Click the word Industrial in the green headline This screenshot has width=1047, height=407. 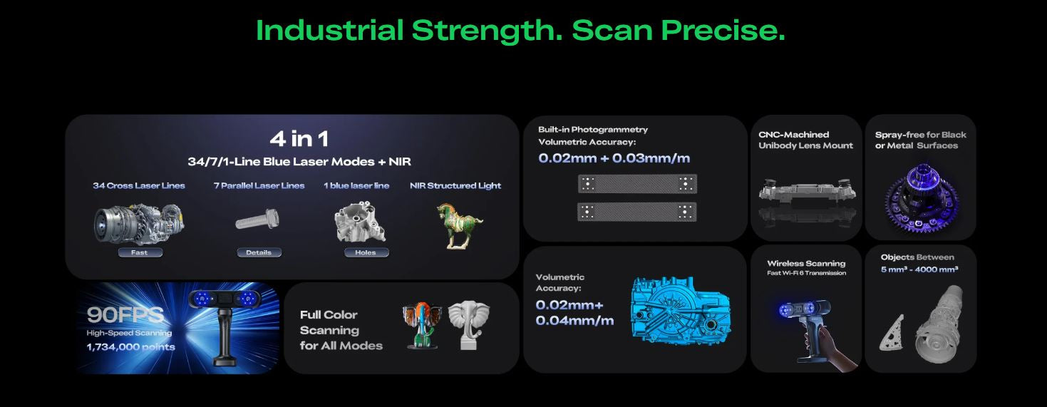329,31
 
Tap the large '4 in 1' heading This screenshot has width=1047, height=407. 299,139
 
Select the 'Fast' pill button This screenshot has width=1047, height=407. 140,252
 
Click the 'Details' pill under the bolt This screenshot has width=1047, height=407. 259,252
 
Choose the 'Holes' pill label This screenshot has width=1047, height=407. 366,252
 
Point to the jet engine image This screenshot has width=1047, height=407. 139,224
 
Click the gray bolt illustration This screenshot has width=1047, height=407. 257,219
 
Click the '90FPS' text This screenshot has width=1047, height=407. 125,314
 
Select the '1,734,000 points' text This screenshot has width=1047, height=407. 130,347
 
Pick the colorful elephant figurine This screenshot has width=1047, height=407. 422,325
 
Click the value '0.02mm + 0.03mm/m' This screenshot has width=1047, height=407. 614,158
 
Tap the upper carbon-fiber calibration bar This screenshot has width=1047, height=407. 638,184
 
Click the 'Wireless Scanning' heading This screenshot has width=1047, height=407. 806,264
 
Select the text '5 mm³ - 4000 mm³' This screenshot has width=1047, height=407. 919,269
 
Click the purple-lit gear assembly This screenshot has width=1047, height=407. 922,198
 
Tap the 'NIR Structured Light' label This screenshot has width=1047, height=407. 455,185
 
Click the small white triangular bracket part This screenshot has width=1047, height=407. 892,333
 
